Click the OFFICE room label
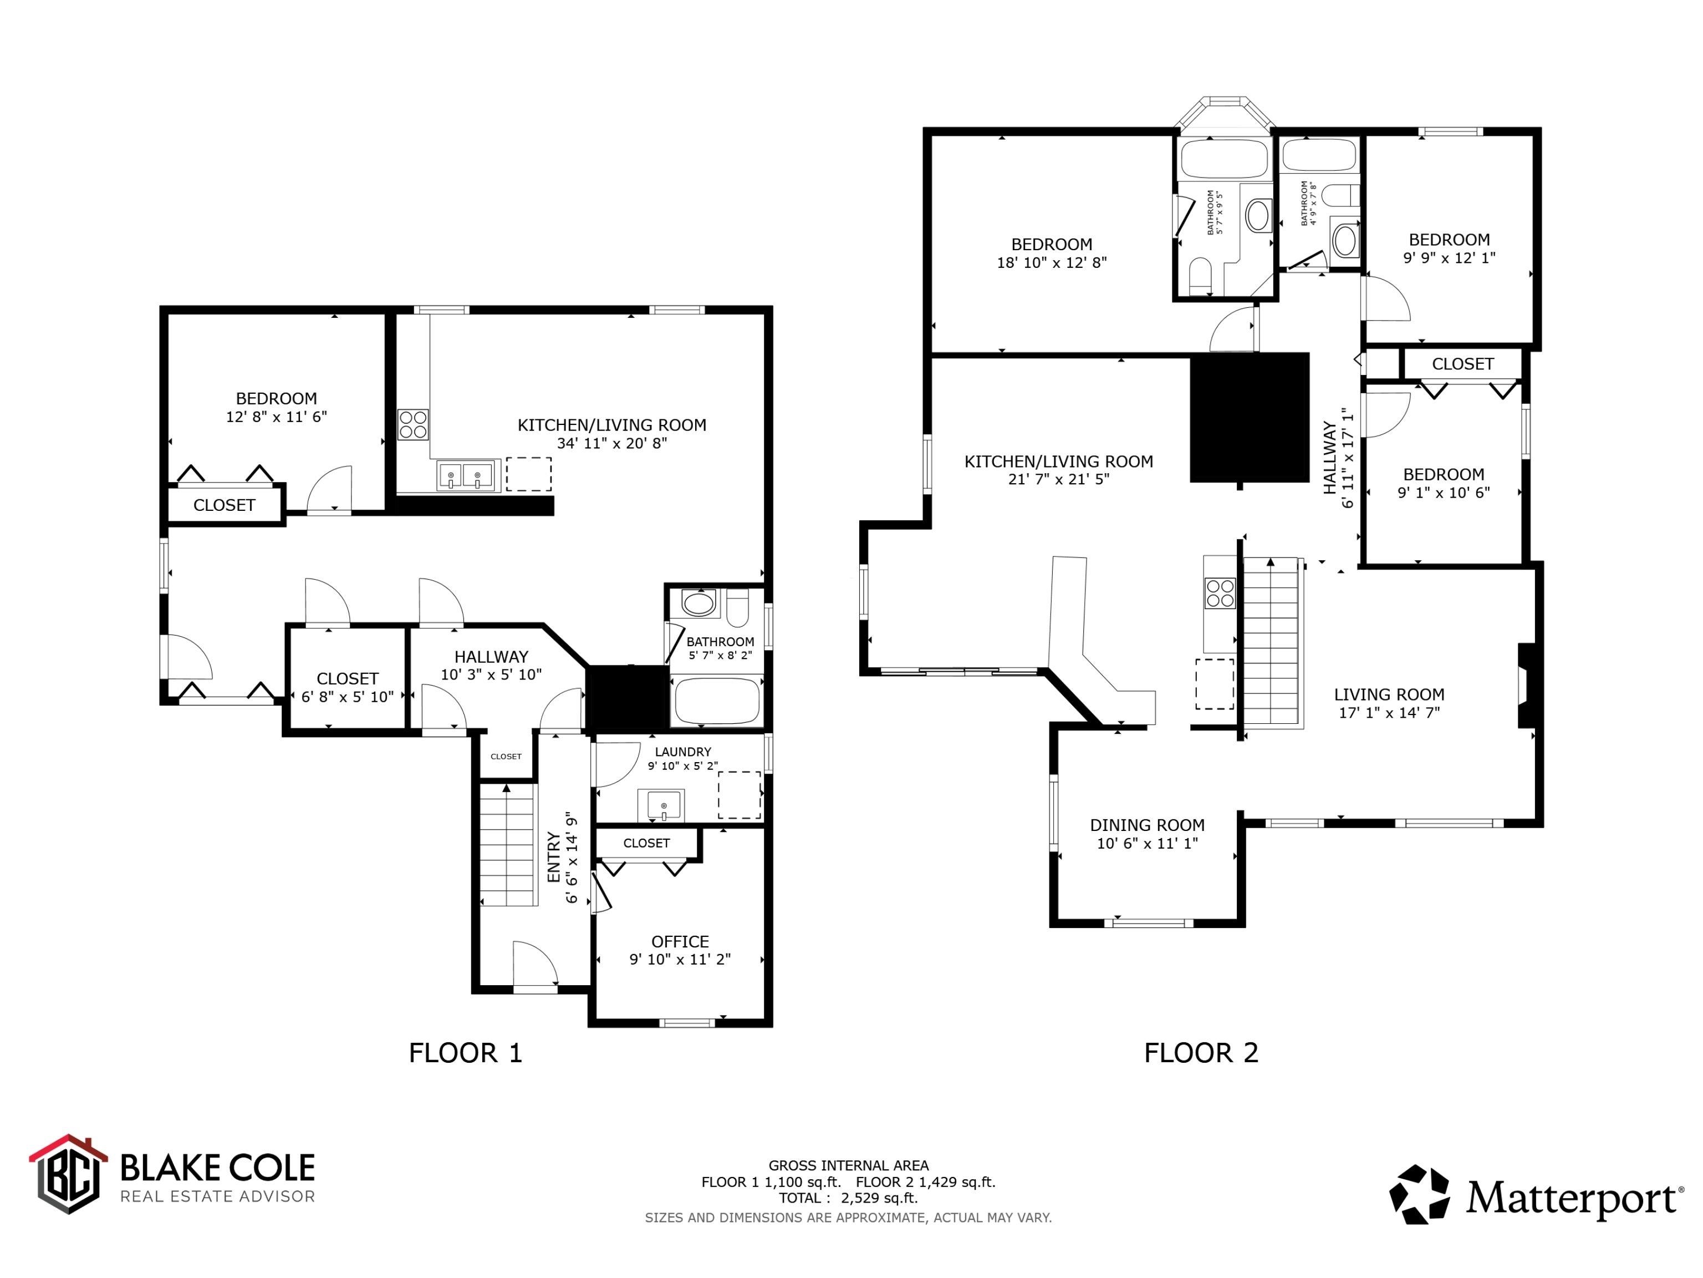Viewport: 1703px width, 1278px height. (680, 941)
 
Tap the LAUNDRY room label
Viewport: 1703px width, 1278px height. (683, 752)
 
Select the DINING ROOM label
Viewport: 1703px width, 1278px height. (1147, 825)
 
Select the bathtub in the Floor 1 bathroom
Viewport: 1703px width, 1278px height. (717, 701)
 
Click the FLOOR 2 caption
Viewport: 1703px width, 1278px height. (1201, 1053)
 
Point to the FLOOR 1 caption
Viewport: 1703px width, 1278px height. (466, 1053)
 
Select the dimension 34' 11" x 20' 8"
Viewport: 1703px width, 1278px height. (612, 443)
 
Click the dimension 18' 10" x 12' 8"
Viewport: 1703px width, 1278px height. (1052, 262)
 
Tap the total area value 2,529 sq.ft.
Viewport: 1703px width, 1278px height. (879, 1198)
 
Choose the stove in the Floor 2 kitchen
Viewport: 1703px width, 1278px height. (1220, 593)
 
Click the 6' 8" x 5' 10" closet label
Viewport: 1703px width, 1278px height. (347, 696)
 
